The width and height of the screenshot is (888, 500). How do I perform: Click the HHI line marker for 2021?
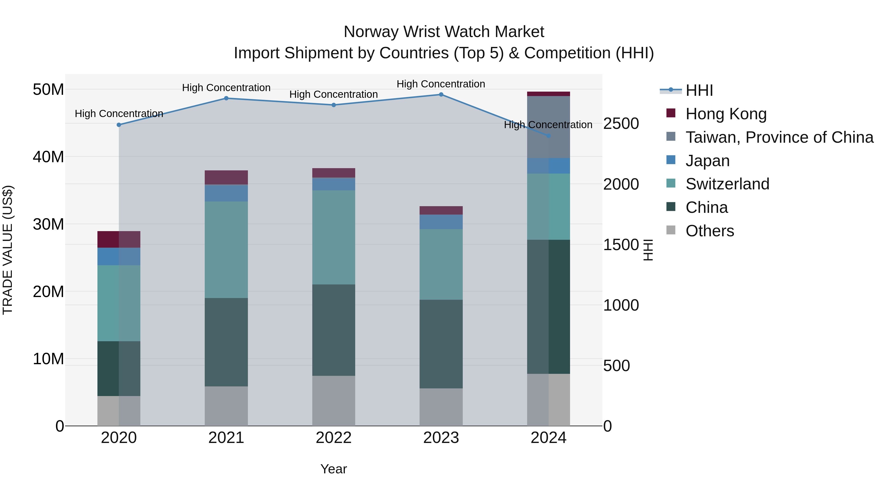[x=226, y=98]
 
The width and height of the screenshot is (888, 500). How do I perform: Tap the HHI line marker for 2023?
[x=441, y=95]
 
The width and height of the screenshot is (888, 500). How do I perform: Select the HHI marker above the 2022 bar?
[x=334, y=105]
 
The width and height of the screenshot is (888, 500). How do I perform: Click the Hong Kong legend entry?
[x=726, y=114]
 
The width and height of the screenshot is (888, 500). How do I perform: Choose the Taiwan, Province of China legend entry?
[x=779, y=137]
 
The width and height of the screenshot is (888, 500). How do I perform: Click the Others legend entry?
[x=709, y=231]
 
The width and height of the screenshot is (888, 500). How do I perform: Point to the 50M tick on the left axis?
[x=48, y=90]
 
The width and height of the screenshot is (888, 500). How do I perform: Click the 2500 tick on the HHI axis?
[x=621, y=123]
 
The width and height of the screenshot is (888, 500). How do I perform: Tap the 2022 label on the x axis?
[x=334, y=438]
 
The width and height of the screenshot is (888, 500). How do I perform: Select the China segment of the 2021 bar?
[x=226, y=342]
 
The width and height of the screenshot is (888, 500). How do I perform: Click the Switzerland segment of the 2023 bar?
[x=441, y=264]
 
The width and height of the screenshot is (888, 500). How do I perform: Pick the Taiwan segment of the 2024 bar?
[x=548, y=127]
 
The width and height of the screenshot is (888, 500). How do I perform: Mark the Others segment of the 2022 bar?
[x=334, y=401]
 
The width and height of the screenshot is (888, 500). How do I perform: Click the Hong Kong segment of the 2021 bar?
[x=226, y=177]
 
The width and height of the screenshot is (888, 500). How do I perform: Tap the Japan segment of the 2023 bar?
[x=441, y=222]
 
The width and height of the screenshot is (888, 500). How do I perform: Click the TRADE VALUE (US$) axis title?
[x=8, y=250]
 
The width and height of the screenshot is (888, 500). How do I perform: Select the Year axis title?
[x=334, y=469]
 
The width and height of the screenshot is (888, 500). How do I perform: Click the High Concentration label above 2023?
[x=441, y=84]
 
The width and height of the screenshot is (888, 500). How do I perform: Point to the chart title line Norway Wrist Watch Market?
[x=444, y=32]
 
